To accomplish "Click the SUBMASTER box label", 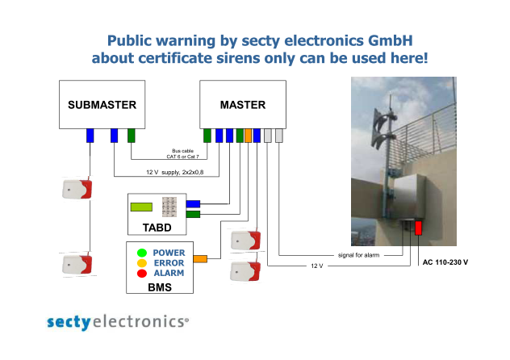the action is (x=102, y=105).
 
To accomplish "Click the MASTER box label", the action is (x=243, y=105).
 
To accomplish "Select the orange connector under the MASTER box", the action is (x=248, y=136).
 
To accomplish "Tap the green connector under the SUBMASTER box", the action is (x=131, y=136).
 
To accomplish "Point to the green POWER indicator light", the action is (x=142, y=253).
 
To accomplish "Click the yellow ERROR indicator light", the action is (x=142, y=263).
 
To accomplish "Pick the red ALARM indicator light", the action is (x=142, y=273).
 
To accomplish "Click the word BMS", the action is (x=160, y=287).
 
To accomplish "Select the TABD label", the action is (x=157, y=228).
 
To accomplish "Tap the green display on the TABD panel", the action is (x=141, y=207).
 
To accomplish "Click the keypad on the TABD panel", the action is (x=169, y=207).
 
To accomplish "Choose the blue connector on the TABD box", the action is (x=193, y=204).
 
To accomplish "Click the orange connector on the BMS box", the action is (x=200, y=259).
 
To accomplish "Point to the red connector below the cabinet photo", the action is (x=418, y=228).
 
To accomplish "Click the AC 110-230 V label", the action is (x=445, y=262).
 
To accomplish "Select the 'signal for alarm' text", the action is (x=358, y=255).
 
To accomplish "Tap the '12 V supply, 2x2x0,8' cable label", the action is (x=174, y=172).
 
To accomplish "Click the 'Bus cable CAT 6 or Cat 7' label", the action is (x=183, y=153).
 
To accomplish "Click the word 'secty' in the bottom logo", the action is (x=69, y=322).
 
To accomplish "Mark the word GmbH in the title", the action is (x=391, y=40).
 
